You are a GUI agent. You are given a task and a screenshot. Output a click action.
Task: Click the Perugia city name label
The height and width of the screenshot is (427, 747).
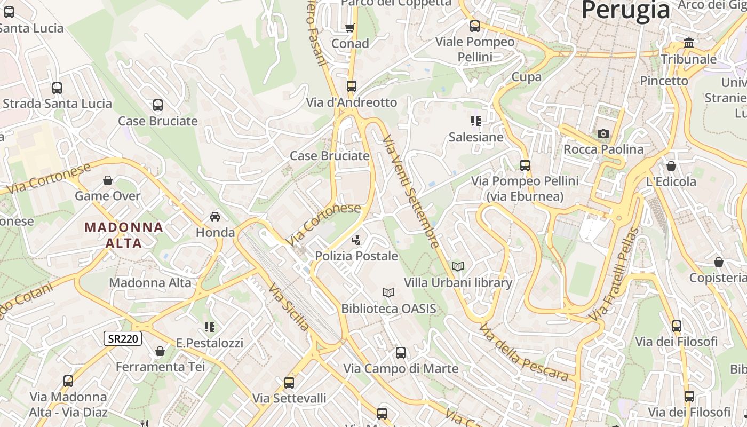[x=625, y=10]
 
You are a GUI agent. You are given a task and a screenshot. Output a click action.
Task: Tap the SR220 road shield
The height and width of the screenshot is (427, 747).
[x=123, y=338]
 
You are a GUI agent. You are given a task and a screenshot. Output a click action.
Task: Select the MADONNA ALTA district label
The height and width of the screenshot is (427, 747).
[x=124, y=235]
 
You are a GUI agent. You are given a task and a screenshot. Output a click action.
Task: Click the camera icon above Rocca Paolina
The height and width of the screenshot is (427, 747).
[x=603, y=133]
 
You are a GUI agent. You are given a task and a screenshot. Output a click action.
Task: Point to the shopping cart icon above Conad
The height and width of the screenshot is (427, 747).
[x=350, y=28]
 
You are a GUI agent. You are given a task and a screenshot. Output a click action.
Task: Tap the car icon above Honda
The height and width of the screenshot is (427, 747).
[x=215, y=216]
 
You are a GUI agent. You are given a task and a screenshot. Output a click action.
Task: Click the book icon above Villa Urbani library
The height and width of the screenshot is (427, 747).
[x=457, y=266]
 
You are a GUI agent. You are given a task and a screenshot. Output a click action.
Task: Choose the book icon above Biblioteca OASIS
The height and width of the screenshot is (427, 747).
[x=388, y=292]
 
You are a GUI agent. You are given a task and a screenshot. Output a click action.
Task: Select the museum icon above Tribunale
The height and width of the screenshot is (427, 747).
[x=689, y=43]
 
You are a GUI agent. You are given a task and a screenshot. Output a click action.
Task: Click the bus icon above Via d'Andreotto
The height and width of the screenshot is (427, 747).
[x=351, y=86]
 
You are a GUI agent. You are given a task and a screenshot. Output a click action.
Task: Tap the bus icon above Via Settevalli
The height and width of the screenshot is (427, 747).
[x=289, y=382]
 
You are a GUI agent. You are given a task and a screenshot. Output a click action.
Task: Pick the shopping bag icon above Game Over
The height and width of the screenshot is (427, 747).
[x=108, y=180]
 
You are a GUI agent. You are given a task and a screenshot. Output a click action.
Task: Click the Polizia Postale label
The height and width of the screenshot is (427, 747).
[x=356, y=256]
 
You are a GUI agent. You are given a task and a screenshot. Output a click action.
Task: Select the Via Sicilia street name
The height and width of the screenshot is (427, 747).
[x=289, y=306]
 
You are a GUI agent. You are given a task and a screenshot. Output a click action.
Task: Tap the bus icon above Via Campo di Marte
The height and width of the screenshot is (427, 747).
[x=401, y=353]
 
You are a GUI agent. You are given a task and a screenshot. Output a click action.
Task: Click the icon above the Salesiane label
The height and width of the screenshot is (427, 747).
[x=475, y=121]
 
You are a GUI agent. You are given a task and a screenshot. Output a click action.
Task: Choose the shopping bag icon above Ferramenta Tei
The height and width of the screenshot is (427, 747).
[x=160, y=351]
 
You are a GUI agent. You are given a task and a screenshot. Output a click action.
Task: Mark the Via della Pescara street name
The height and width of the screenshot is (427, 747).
[x=523, y=352]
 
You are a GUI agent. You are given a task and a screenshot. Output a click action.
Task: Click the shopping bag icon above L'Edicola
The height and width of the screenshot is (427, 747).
[x=671, y=166]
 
